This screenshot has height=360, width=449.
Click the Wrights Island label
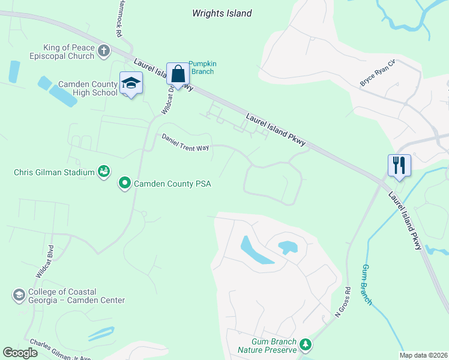[221, 13]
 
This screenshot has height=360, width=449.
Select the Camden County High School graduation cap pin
[130, 83]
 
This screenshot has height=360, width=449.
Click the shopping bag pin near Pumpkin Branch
[178, 74]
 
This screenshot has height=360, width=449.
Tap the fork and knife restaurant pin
[399, 164]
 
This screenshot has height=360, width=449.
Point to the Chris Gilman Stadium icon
[104, 172]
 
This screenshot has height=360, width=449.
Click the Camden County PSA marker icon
[125, 182]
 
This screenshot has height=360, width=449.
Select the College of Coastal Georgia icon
[19, 295]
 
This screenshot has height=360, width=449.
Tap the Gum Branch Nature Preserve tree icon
[306, 344]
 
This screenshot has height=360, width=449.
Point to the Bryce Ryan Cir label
[378, 73]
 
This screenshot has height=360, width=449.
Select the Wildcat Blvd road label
[44, 260]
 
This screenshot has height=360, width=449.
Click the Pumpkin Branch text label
[201, 67]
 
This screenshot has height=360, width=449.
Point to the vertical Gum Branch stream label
[367, 284]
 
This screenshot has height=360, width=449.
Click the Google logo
[20, 353]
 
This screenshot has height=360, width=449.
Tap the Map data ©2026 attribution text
[423, 355]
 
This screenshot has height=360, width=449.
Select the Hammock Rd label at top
[119, 18]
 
